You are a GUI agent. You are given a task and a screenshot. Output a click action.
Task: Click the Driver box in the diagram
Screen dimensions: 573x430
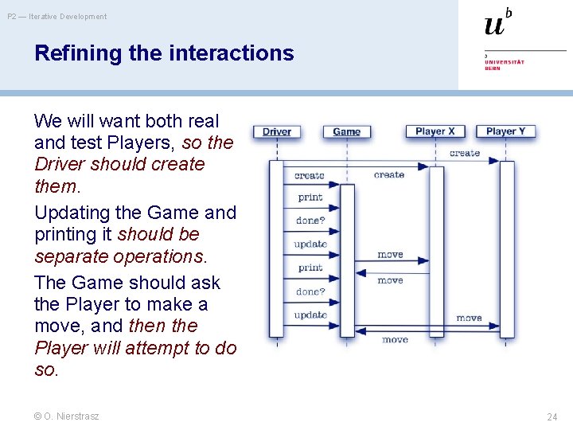276,131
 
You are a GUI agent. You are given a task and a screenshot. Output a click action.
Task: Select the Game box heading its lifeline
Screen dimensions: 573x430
346,131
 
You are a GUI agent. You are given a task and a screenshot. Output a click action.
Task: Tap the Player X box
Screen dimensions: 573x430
435,131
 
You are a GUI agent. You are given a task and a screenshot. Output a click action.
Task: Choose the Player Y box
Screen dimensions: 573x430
505,131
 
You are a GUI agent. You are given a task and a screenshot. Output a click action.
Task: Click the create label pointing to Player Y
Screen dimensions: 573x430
465,153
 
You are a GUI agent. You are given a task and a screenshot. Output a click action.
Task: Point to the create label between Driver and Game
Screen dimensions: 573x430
310,175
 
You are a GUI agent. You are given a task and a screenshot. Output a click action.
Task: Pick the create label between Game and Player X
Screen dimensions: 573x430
389,174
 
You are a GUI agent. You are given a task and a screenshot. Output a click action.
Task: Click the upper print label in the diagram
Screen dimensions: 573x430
310,197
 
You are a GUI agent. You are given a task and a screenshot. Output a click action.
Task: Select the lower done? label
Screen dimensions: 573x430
310,291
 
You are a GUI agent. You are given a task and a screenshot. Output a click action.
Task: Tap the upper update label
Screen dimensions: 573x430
310,244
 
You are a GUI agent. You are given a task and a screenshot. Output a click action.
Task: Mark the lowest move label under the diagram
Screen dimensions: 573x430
395,339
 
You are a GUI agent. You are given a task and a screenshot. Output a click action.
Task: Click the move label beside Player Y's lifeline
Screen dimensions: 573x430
469,318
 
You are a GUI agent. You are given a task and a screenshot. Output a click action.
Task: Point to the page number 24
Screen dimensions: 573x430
552,416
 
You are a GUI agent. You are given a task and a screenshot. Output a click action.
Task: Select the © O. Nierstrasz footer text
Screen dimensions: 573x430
67,416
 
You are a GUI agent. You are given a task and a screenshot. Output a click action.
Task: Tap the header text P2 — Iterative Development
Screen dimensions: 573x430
57,16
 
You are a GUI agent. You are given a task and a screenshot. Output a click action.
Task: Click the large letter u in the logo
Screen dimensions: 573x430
494,25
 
